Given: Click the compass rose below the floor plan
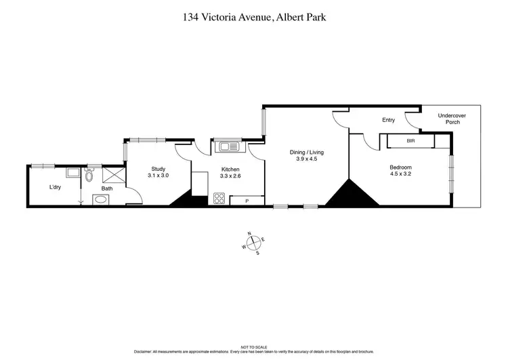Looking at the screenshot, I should [x=253, y=243].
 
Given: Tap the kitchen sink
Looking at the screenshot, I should [x=226, y=146].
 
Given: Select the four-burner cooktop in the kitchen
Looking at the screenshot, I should [x=220, y=199].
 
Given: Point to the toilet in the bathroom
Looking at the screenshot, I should [x=89, y=176].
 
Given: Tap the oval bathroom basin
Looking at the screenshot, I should [x=100, y=200].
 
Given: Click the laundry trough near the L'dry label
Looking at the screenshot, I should [x=72, y=173].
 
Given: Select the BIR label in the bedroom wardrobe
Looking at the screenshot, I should [x=410, y=142].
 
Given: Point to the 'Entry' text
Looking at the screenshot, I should [x=388, y=120].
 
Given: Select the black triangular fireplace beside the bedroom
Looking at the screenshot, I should [x=350, y=195].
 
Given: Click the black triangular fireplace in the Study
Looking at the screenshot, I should [x=181, y=199].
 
